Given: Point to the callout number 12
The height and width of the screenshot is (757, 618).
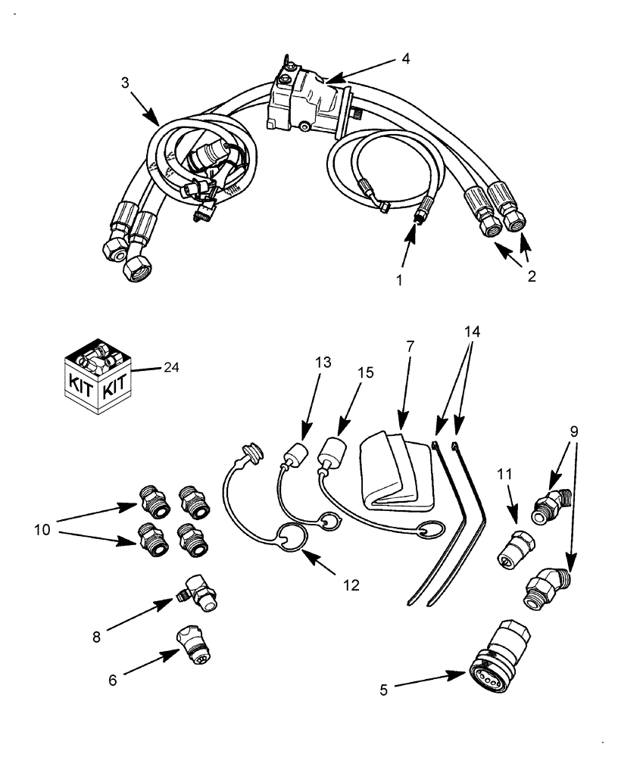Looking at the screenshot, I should tap(351, 584).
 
